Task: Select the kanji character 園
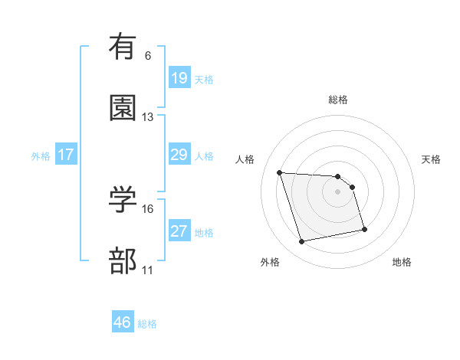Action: (123, 107)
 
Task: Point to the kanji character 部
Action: (123, 261)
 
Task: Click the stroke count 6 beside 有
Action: (147, 55)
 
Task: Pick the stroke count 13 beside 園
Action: (148, 117)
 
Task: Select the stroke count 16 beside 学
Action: (148, 208)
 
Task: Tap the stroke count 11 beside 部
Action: (148, 270)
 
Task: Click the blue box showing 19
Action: (179, 77)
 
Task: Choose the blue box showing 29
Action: (179, 155)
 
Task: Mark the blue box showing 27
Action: (179, 231)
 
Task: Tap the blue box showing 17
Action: (66, 155)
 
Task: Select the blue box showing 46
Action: (123, 322)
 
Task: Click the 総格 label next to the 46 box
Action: (147, 324)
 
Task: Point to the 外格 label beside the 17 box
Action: (41, 155)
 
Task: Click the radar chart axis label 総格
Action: (338, 100)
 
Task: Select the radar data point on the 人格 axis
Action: (280, 172)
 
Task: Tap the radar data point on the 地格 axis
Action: (364, 229)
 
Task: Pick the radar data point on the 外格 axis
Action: (302, 242)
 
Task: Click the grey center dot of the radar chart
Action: (338, 191)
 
